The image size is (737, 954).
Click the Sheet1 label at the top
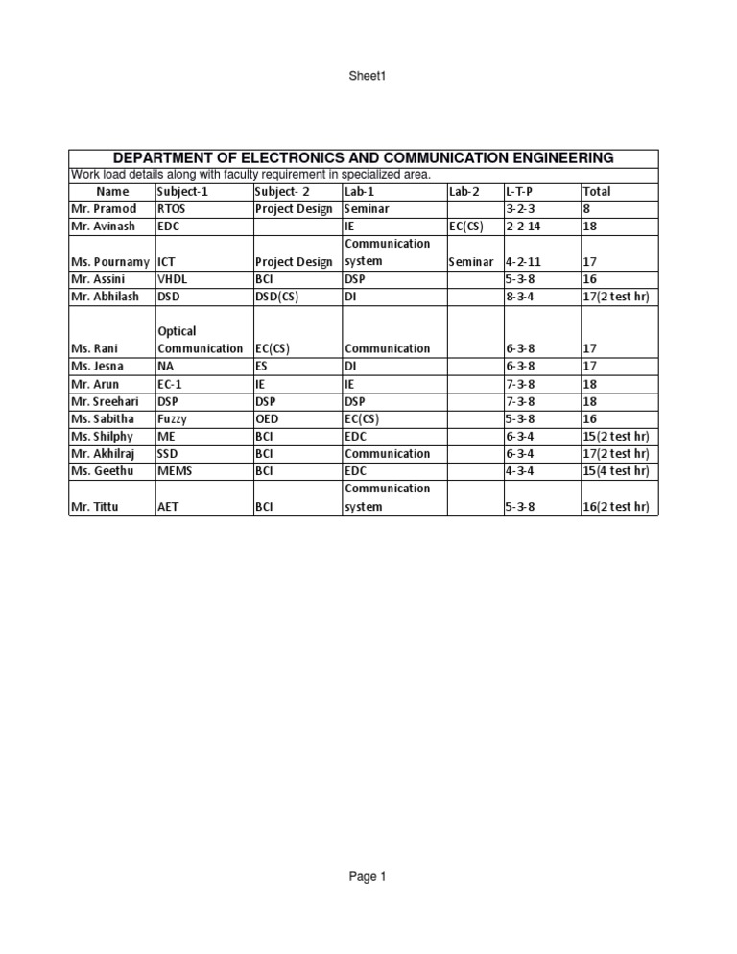368,76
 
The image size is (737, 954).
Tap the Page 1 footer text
368,876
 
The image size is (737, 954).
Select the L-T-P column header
518,191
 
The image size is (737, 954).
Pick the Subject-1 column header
181,191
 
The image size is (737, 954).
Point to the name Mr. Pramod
104,208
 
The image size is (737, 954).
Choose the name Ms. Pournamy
109,261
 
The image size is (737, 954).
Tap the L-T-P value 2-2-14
523,227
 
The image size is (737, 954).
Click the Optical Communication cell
200,340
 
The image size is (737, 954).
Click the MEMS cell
175,470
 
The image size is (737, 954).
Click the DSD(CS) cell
276,296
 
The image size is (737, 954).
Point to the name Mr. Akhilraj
107,453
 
